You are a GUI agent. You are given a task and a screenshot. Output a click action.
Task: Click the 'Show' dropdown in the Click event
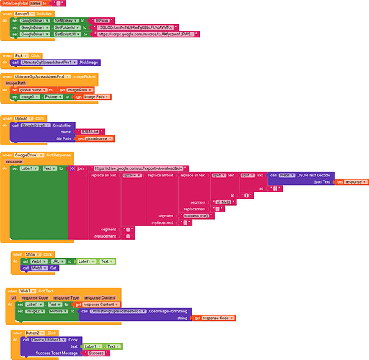point(32,254)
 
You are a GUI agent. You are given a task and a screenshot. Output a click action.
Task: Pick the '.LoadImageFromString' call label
point(152,310)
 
